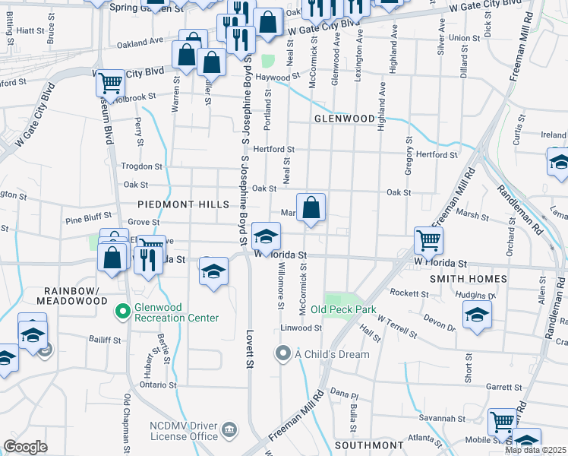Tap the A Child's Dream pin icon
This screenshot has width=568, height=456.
click(x=283, y=353)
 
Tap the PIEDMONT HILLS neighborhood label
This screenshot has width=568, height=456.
click(x=183, y=205)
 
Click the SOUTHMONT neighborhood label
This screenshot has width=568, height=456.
click(x=369, y=445)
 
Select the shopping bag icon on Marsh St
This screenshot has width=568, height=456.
click(x=311, y=207)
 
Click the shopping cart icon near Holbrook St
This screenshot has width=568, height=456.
click(x=111, y=83)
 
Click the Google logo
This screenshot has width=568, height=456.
click(x=25, y=447)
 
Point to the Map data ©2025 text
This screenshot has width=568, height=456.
click(x=535, y=450)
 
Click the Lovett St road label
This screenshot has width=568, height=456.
click(x=248, y=349)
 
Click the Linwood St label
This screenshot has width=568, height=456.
click(x=301, y=328)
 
